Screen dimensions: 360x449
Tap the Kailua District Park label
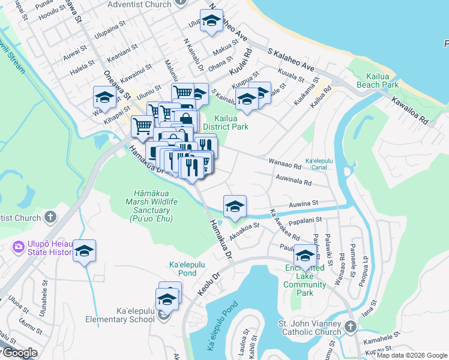click(x=225, y=122)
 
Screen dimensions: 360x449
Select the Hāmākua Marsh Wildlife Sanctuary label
click(x=153, y=206)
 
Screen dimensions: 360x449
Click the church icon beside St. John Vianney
click(x=351, y=328)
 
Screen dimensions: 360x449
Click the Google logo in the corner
click(x=19, y=353)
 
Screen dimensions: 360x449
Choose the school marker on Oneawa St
click(x=104, y=97)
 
